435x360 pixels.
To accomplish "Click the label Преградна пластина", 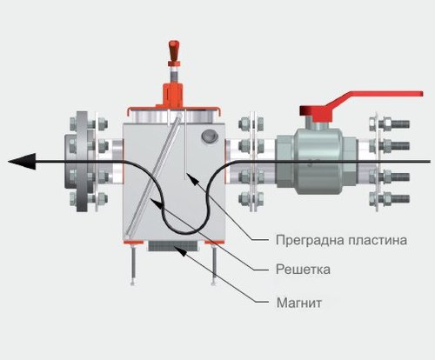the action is point(341,240).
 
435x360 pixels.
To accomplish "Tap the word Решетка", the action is point(303,270).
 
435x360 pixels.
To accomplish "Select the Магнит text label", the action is point(299,303).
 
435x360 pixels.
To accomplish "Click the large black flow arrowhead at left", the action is point(22,161).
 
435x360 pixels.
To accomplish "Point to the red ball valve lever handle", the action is point(361,105).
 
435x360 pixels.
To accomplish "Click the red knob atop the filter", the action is point(173,50).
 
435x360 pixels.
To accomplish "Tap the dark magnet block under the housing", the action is point(173,246).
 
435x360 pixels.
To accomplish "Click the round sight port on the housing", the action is point(210,136).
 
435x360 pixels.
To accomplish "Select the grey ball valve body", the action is point(317,160).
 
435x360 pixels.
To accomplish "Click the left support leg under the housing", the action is point(133,264).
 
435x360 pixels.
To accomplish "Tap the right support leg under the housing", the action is point(214,264).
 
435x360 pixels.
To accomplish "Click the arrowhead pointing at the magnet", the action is point(179,251).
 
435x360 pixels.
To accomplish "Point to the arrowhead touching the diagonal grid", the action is point(156,203).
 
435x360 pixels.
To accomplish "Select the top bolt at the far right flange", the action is point(390,124).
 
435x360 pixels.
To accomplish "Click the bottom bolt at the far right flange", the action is point(390,199).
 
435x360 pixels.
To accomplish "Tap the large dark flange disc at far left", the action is point(82,161).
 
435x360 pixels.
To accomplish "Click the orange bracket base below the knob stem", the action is point(173,94).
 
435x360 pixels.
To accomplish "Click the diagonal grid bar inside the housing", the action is point(153,175).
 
